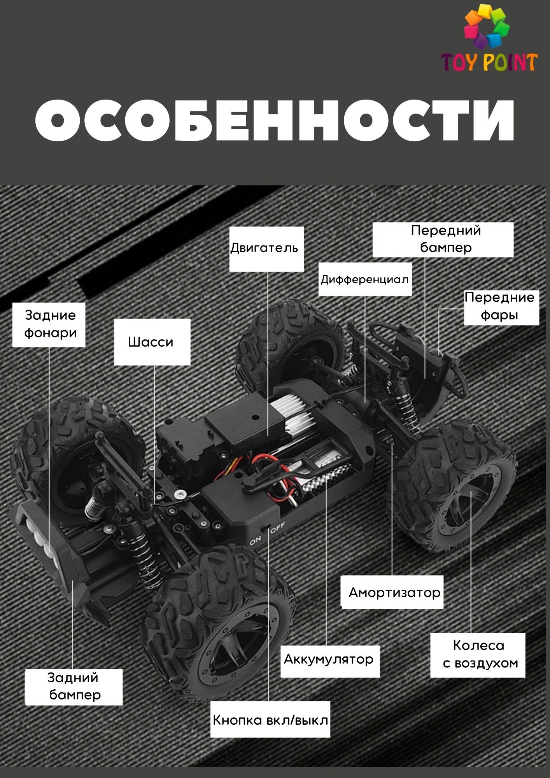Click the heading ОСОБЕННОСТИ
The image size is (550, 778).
(x=275, y=120)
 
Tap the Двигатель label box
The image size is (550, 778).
(x=266, y=249)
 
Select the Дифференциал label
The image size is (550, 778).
(x=365, y=279)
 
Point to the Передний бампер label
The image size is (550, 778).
(x=443, y=239)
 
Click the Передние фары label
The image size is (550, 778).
(x=501, y=307)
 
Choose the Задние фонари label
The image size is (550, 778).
(x=49, y=324)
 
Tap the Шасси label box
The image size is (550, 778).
(x=152, y=342)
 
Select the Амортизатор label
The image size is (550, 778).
(x=392, y=592)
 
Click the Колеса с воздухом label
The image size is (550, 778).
(x=478, y=655)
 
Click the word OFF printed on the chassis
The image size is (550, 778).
(x=278, y=528)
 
